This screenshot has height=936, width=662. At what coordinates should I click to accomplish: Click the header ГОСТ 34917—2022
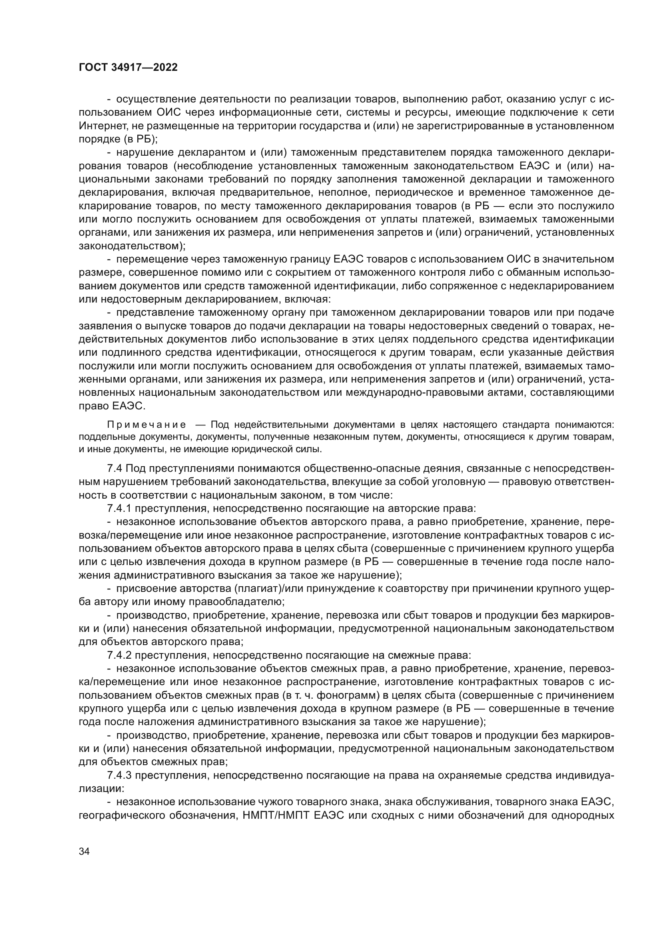pos(128,67)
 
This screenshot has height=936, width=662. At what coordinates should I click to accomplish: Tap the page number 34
pos(84,840)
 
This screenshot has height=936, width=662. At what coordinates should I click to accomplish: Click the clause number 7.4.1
pos(119,508)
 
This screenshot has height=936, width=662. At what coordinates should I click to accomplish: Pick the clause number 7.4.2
pos(119,655)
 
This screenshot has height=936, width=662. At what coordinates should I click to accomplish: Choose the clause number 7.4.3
pos(119,775)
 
